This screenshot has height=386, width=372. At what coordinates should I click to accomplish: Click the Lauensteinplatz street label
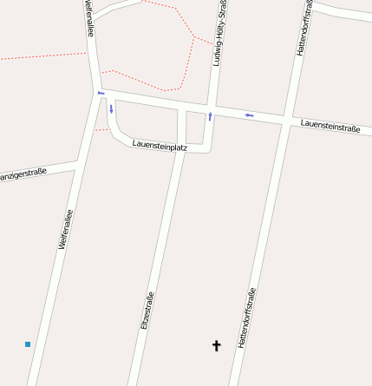click(x=160, y=147)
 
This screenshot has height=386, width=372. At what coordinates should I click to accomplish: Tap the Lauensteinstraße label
click(x=330, y=127)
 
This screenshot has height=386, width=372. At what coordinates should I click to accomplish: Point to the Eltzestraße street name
click(x=147, y=310)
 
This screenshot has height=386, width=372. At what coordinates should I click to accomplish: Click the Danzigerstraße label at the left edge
click(x=23, y=174)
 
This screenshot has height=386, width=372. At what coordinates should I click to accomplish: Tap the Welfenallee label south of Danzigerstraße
click(x=63, y=228)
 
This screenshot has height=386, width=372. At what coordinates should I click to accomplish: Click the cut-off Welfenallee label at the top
click(x=88, y=17)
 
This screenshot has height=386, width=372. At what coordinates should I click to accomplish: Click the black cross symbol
click(x=217, y=345)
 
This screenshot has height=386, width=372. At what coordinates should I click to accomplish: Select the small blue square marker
click(x=28, y=344)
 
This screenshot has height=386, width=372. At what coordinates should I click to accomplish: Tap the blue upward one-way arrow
click(x=210, y=115)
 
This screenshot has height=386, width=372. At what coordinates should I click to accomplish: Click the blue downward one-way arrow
click(x=111, y=108)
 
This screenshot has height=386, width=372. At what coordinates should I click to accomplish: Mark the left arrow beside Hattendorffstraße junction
click(x=249, y=114)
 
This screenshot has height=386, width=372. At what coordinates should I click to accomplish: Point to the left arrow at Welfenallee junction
click(x=101, y=93)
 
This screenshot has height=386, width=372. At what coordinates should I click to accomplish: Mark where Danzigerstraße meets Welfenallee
click(x=79, y=162)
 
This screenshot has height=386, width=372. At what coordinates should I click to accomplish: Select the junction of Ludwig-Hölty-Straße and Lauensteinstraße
click(x=212, y=108)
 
